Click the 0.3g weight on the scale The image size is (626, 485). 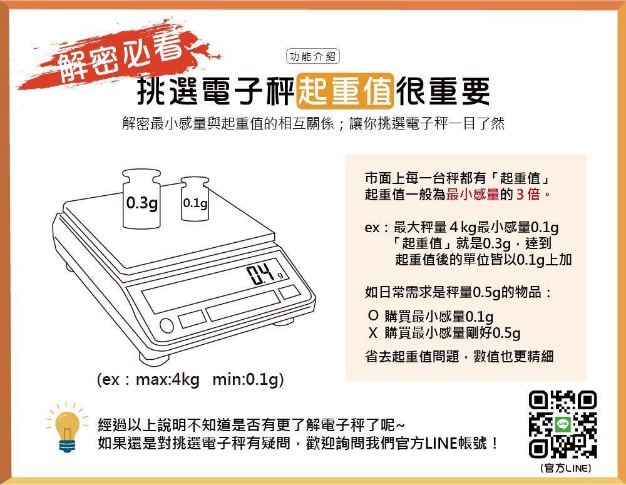tap(141, 199)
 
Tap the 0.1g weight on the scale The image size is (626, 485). tap(195, 199)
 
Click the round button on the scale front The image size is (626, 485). tap(167, 325)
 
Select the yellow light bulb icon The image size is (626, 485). tap(67, 428)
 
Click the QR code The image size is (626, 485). tap(563, 424)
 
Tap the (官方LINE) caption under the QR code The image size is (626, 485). tap(565, 468)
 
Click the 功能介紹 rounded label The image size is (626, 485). tap(312, 56)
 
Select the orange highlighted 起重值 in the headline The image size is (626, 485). tap(346, 91)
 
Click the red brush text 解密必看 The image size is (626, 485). tap(120, 56)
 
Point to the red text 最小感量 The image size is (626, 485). tap(473, 195)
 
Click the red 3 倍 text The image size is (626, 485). tap(528, 195)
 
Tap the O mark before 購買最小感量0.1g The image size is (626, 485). tap(373, 316)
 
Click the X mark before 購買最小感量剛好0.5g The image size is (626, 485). tap(373, 332)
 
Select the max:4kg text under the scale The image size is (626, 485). tap(168, 379)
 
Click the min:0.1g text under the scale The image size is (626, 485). tap(247, 379)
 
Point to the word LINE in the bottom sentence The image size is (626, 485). tap(441, 443)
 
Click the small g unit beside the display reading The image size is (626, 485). tap(280, 275)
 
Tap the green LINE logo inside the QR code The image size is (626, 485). tap(563, 424)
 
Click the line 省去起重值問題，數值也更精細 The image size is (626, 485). tap(459, 356)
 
